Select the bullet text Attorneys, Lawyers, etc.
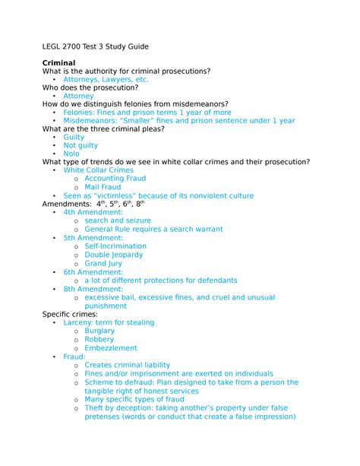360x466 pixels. [x=106, y=79]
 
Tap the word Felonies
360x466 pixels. [x=80, y=112]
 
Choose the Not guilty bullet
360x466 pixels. [x=81, y=145]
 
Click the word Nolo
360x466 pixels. [x=71, y=154]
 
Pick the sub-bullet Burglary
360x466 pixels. [x=99, y=331]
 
